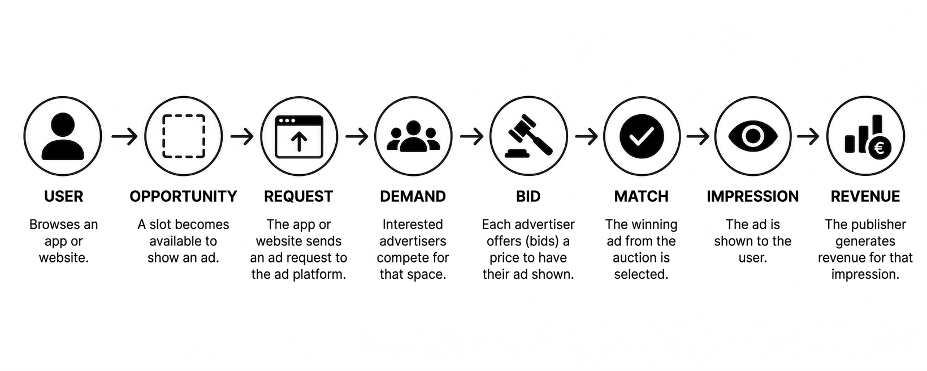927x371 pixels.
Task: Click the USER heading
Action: [x=64, y=196]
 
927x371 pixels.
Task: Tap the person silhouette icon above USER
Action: [x=63, y=137]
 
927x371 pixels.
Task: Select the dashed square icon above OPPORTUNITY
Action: [x=184, y=136]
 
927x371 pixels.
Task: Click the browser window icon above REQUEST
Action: [x=299, y=137]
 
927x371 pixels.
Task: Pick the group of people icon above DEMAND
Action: [x=413, y=136]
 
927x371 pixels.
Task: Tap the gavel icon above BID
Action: [x=529, y=136]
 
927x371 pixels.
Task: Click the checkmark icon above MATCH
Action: [x=642, y=136]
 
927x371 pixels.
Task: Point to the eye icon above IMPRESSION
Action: [x=753, y=136]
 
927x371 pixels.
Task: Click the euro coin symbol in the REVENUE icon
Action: [x=880, y=148]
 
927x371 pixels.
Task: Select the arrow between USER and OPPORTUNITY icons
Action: [x=124, y=136]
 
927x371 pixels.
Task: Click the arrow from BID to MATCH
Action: [x=586, y=136]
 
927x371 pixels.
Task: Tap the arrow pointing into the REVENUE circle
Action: [x=808, y=136]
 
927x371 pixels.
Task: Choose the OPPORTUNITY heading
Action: [x=183, y=196]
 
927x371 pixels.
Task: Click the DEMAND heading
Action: [x=413, y=196]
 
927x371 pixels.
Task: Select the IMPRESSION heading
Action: [x=753, y=196]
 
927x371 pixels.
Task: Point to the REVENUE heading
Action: [x=865, y=196]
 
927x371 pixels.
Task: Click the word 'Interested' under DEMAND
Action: [x=413, y=225]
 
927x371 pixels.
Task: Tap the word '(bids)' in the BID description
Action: [x=540, y=241]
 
